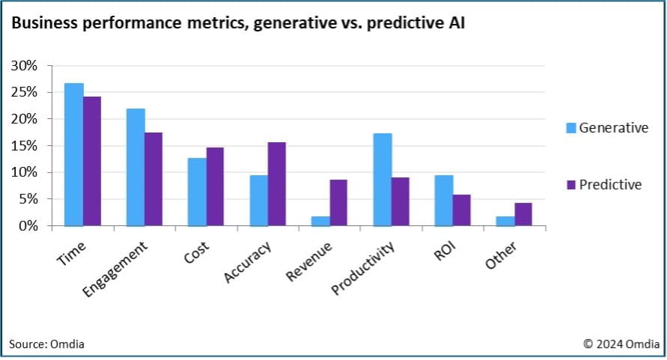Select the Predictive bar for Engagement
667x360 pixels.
[153, 179]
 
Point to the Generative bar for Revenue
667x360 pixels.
[320, 221]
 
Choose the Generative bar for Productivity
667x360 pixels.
[383, 180]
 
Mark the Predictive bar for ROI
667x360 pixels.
[462, 210]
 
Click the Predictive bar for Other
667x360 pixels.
[524, 214]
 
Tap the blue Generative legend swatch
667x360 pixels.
[569, 128]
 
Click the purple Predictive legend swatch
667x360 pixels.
[569, 184]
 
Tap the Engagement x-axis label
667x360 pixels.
[115, 269]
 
